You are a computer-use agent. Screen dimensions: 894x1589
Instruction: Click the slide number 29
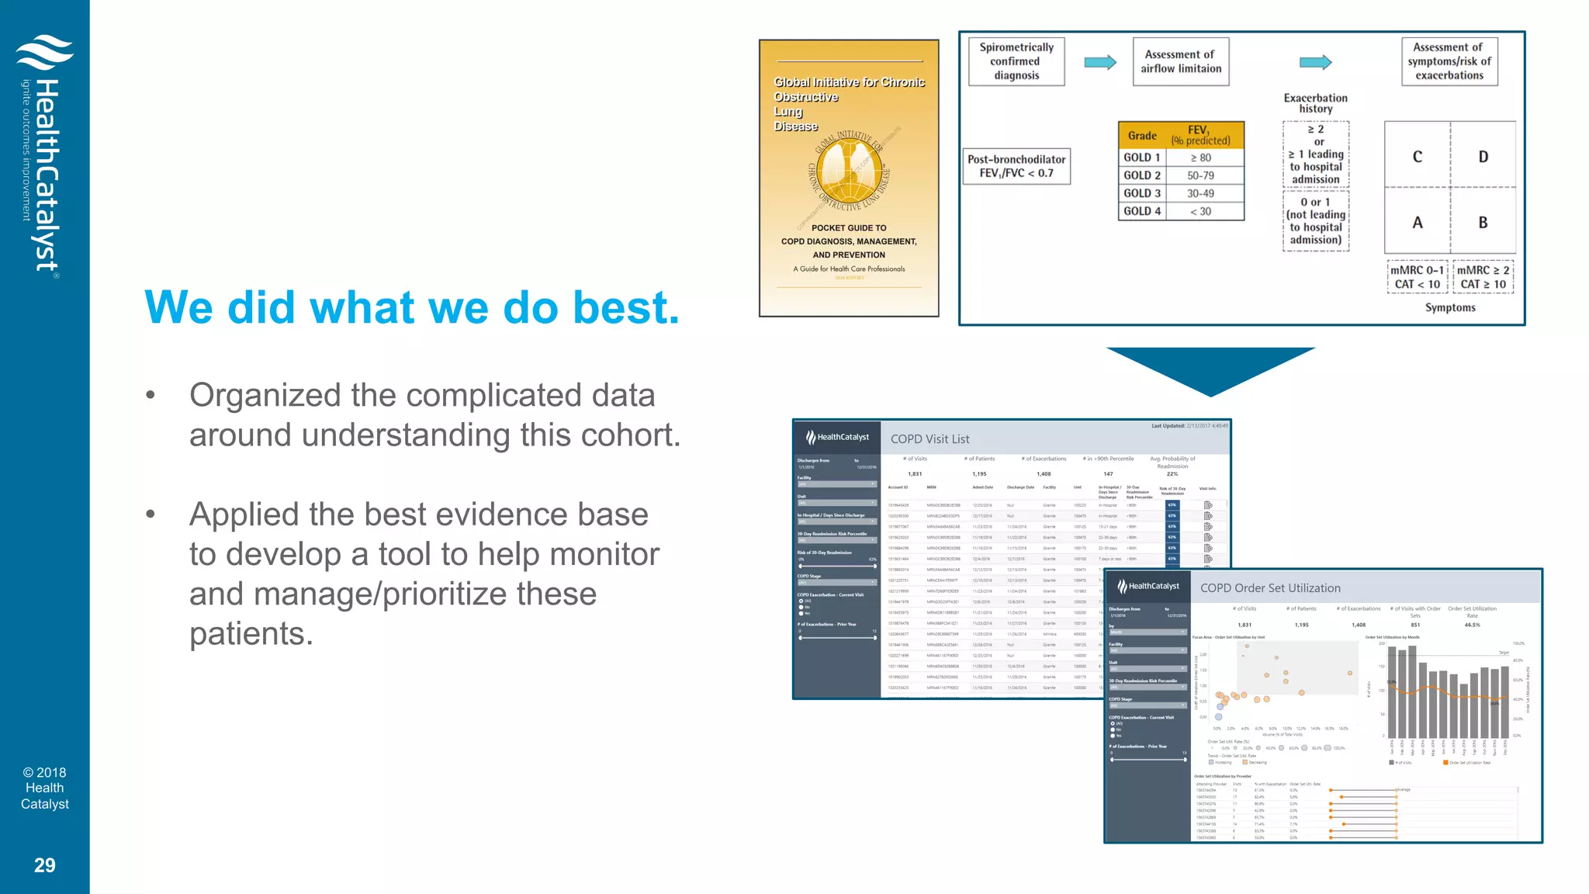pos(44,865)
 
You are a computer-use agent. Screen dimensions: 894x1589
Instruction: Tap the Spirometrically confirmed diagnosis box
pos(1016,61)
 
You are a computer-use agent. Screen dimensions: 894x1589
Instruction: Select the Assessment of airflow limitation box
pos(1180,61)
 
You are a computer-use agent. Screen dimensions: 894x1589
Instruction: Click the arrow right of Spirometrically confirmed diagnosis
pos(1099,62)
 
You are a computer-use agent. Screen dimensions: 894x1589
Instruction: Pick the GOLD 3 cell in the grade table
pos(1142,193)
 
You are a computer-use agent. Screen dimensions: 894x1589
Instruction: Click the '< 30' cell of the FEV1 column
pos(1200,211)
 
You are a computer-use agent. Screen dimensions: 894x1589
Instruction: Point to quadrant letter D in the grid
pos(1483,157)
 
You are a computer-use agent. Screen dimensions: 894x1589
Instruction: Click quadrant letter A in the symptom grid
pos(1417,223)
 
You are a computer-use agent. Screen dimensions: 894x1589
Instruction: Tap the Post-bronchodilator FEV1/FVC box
pos(1016,166)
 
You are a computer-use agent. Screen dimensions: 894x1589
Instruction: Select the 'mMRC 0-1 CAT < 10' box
pos(1417,277)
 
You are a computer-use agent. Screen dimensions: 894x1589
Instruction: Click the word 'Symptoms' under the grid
pos(1449,308)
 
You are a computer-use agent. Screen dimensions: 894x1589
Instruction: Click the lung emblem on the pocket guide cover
pos(849,171)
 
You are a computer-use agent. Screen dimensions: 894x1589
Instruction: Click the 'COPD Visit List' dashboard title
pos(930,439)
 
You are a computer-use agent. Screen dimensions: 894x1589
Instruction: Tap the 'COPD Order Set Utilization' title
pos(1269,588)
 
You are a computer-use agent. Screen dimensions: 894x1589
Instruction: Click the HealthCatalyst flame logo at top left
pos(44,52)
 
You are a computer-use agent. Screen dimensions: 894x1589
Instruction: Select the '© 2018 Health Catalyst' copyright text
pos(44,788)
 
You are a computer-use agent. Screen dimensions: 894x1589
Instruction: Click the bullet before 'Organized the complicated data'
pos(151,396)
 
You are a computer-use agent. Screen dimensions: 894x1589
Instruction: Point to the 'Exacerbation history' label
pos(1315,103)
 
